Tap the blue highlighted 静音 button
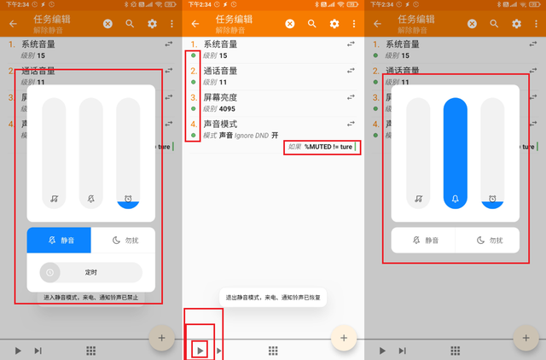59,241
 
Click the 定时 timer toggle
90,272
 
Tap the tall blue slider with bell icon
456,154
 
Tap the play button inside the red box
200,350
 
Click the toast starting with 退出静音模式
273,297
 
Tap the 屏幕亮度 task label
220,97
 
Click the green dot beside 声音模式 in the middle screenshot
194,135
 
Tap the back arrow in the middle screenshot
195,24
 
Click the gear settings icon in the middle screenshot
334,24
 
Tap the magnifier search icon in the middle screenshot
312,24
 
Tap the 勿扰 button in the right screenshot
487,241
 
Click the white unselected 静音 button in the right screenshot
423,241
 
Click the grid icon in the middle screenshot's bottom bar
273,351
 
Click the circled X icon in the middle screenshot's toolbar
290,24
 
